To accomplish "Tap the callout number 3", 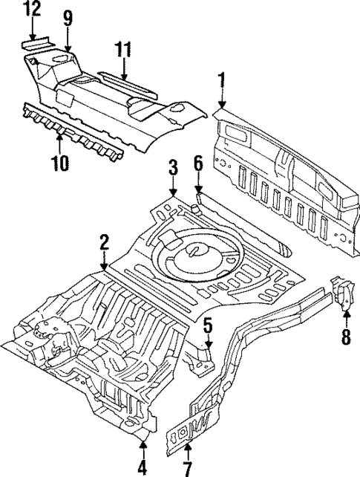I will [x=172, y=166].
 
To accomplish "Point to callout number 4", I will [x=143, y=468].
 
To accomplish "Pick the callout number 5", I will [x=208, y=325].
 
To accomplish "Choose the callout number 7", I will [x=187, y=468].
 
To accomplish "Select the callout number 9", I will [x=68, y=16].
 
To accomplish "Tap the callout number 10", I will [x=62, y=161].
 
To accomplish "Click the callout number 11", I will [x=123, y=50].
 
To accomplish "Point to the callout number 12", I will [x=33, y=10].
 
